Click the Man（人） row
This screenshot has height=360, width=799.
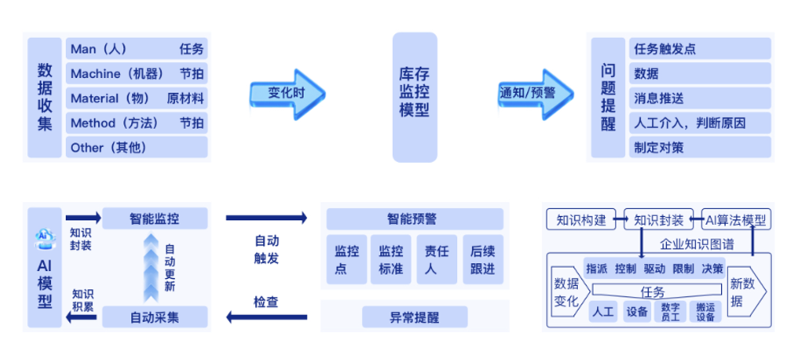pyautogui.click(x=137, y=49)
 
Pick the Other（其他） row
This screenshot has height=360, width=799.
pyautogui.click(x=137, y=147)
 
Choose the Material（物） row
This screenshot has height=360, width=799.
pyautogui.click(x=137, y=99)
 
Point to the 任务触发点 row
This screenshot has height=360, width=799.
pyautogui.click(x=700, y=49)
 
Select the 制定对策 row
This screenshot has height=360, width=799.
pyautogui.click(x=700, y=147)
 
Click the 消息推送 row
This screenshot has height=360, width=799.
pyautogui.click(x=700, y=99)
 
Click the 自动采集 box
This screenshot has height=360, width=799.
pyautogui.click(x=155, y=317)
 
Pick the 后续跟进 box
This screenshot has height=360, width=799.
pyautogui.click(x=482, y=260)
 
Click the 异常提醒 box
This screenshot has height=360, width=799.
pyautogui.click(x=413, y=318)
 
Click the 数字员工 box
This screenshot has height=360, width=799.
pyautogui.click(x=670, y=312)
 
